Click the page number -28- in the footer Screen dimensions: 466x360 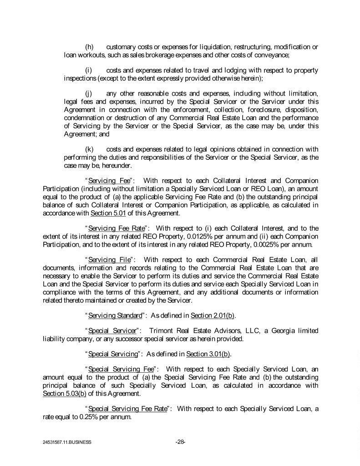point(180,441)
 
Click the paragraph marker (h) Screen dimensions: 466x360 point(90,47)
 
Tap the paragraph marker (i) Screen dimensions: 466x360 point(89,71)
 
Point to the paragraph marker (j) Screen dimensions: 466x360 point(89,93)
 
